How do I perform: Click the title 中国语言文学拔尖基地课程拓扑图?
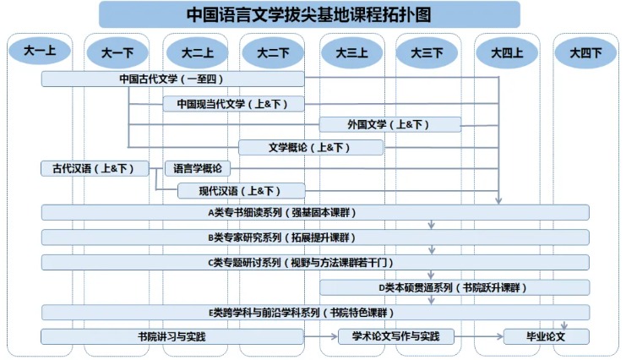(x=309, y=14)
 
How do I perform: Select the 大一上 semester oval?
(x=40, y=51)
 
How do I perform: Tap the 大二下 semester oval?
(x=273, y=52)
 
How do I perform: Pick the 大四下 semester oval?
(x=585, y=52)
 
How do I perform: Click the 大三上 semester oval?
(x=351, y=52)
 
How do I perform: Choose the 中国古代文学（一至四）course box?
(x=173, y=79)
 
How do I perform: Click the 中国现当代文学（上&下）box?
(x=233, y=104)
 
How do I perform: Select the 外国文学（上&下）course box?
(x=390, y=125)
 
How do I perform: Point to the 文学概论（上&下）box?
(x=311, y=147)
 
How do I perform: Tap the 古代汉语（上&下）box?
(x=95, y=169)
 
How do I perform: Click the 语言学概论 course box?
(x=198, y=169)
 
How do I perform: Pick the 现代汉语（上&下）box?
(x=241, y=191)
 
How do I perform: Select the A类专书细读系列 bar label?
(x=282, y=213)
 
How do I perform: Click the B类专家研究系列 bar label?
(x=282, y=237)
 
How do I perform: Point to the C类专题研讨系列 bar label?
(x=301, y=263)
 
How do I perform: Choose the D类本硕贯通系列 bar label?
(x=453, y=287)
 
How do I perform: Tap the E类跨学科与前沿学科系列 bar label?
(x=302, y=313)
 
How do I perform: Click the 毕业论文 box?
(x=546, y=336)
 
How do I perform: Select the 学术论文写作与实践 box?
(x=396, y=336)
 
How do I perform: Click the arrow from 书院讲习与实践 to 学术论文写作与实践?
(x=321, y=336)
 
